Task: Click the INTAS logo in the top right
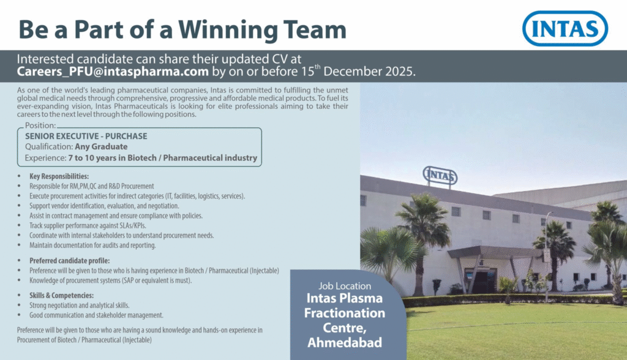tap(565, 28)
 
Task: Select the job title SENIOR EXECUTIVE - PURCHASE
tap(86, 135)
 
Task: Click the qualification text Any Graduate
tap(101, 146)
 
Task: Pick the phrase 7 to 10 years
tap(95, 158)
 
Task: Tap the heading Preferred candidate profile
tap(69, 260)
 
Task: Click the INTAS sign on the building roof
tap(440, 176)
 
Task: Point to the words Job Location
tap(345, 286)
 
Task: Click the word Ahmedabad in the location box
tap(345, 342)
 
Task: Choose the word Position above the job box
tap(40, 126)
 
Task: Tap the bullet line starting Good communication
tap(96, 315)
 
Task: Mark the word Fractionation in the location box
tap(345, 313)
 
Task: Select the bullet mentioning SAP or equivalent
tap(111, 280)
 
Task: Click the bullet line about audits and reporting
tap(92, 246)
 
